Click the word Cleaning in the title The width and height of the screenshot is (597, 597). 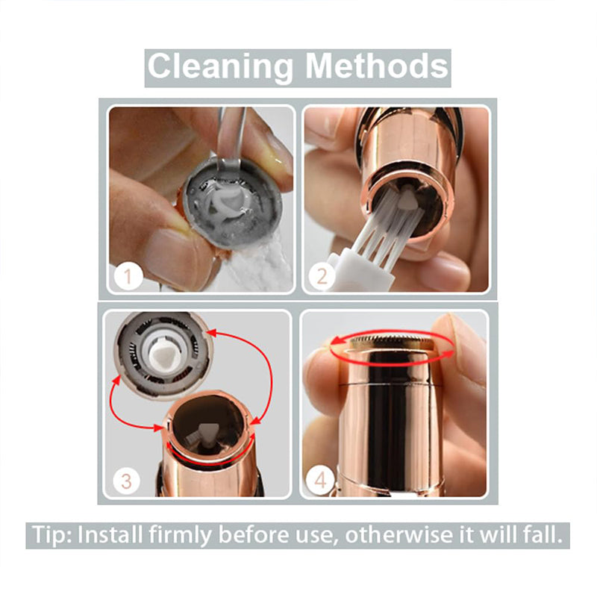tap(220, 67)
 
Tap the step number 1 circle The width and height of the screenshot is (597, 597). tap(128, 276)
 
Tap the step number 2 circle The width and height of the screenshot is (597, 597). tap(322, 276)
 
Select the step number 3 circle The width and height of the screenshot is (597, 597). tap(126, 481)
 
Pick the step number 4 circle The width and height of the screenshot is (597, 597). tap(320, 481)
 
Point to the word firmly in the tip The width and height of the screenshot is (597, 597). tap(180, 536)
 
